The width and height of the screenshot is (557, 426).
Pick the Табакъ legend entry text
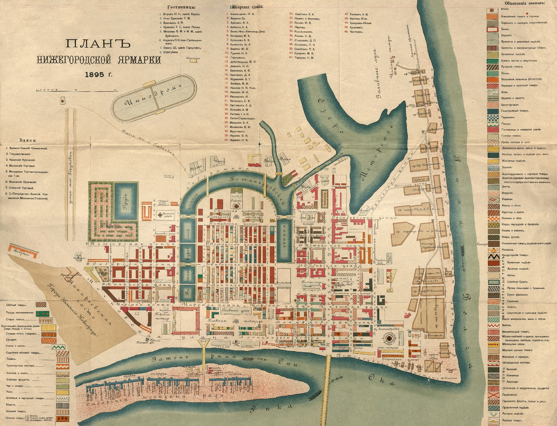[x=14, y=359]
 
